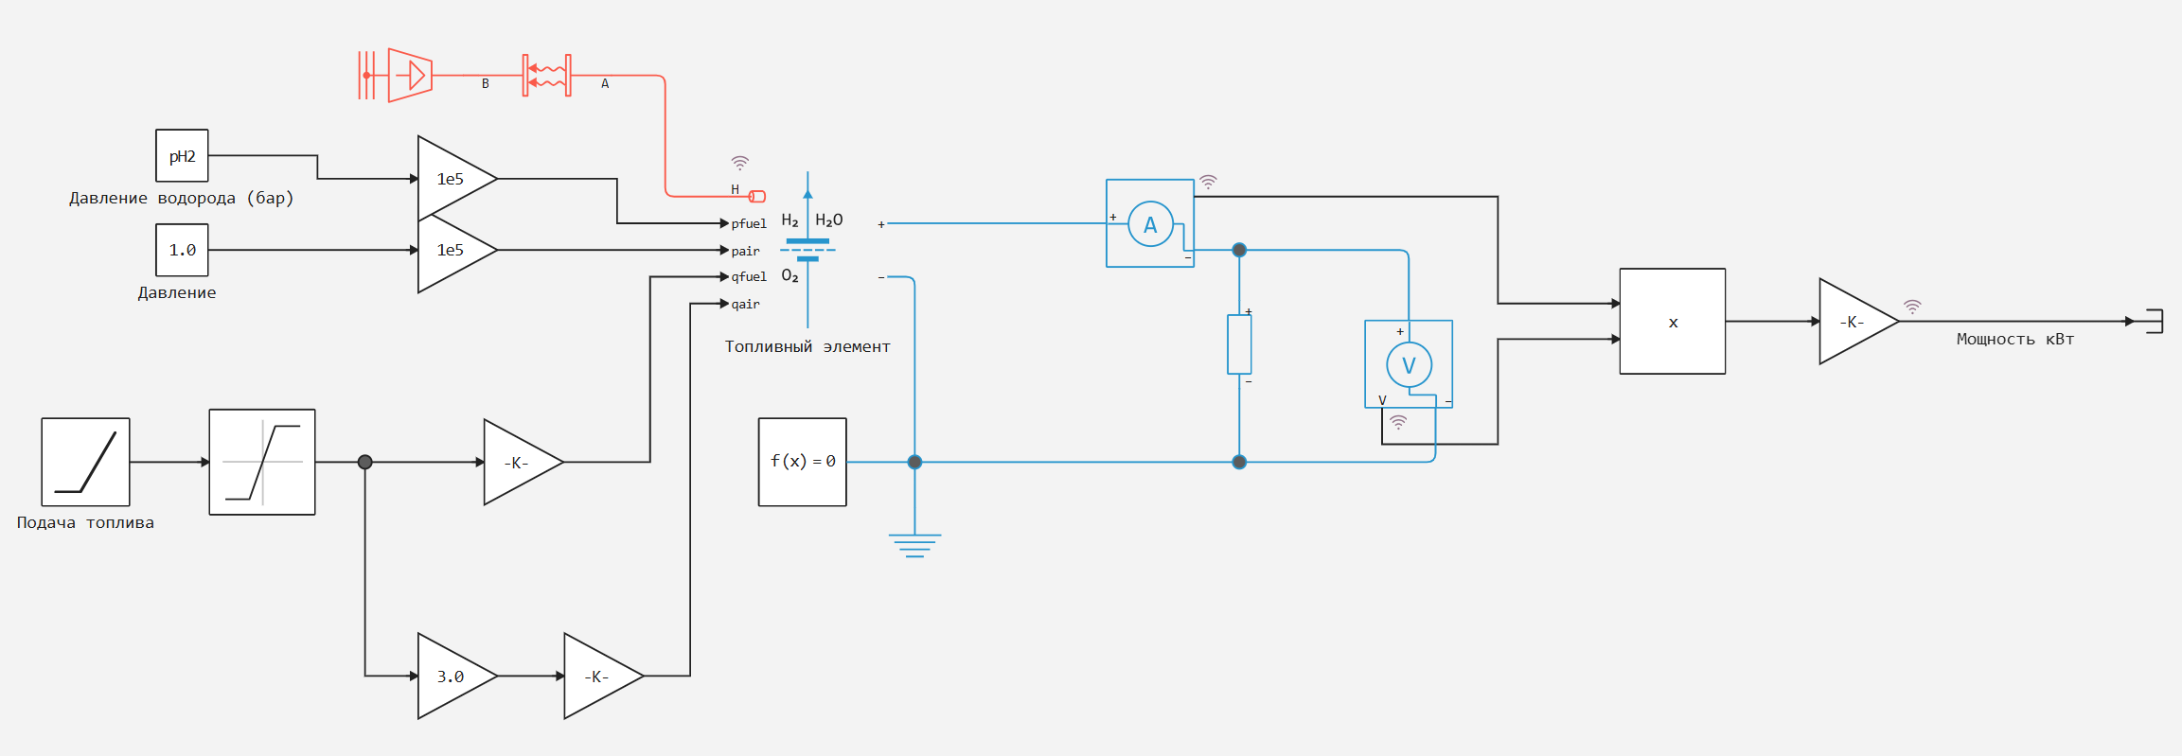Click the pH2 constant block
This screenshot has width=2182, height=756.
coord(182,156)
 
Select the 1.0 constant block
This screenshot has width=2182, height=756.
coord(182,250)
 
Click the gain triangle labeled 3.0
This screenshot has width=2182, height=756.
coord(452,677)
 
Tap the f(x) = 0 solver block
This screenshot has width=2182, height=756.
coord(802,462)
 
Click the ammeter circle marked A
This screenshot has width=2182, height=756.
coord(1150,224)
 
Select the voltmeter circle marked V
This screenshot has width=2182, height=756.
coord(1409,364)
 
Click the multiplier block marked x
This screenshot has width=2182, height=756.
coord(1672,322)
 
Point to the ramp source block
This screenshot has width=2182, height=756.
coord(85,462)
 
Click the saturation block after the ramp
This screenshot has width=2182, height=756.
coord(262,462)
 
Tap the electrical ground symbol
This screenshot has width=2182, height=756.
coord(914,544)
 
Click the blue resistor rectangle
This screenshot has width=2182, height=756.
coord(1239,344)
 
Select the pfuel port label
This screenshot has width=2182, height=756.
coord(749,224)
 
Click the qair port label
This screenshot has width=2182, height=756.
coord(745,305)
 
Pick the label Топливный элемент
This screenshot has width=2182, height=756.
coord(807,347)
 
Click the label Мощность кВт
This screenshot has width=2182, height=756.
coord(2014,340)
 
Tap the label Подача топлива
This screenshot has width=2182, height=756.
coord(85,523)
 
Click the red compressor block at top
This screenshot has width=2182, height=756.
coord(410,75)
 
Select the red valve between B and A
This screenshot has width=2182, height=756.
coord(547,75)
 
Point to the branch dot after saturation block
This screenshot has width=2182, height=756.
coord(365,463)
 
